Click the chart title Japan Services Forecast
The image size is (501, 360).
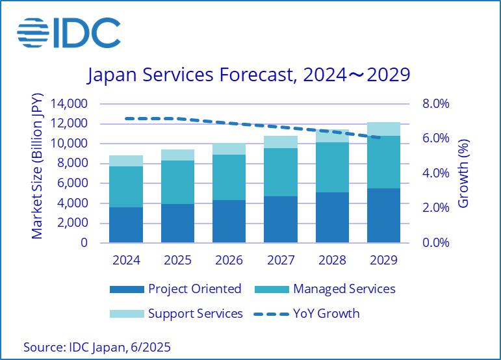(x=249, y=75)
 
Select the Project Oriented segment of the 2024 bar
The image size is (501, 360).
(x=126, y=225)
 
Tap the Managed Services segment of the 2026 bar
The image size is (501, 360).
(x=229, y=177)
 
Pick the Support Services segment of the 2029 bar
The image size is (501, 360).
(x=383, y=129)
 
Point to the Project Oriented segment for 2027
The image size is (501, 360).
(x=280, y=219)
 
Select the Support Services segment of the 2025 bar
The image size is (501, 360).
(x=177, y=155)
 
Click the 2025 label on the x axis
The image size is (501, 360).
(x=177, y=260)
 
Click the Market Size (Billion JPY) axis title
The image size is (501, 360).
(x=37, y=173)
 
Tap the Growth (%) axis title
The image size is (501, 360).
(x=463, y=173)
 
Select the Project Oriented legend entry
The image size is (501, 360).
(x=175, y=289)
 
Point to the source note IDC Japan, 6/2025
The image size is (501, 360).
(x=97, y=346)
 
